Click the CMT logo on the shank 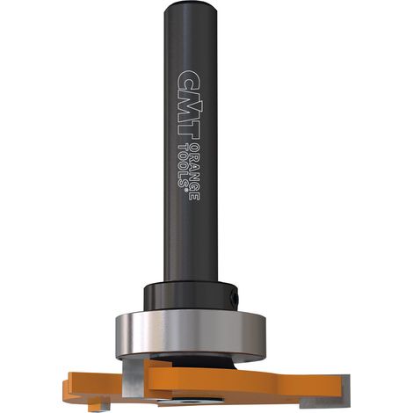tap(188, 105)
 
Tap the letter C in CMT tap(188, 78)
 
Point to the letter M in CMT tap(188, 104)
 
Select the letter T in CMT tap(188, 129)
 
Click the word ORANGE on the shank tap(195, 171)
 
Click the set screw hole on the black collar tap(235, 298)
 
